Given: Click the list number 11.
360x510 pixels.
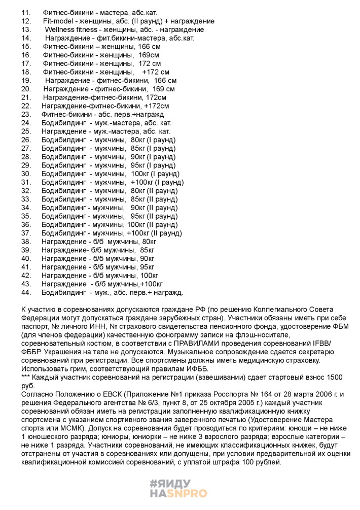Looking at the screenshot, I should click(26, 12).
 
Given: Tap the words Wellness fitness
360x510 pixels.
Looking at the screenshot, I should click(70, 29).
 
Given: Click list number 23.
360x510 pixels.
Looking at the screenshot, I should click(26, 114).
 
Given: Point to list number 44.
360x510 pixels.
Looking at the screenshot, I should click(26, 292).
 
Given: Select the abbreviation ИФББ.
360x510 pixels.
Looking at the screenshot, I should click(191, 368).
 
